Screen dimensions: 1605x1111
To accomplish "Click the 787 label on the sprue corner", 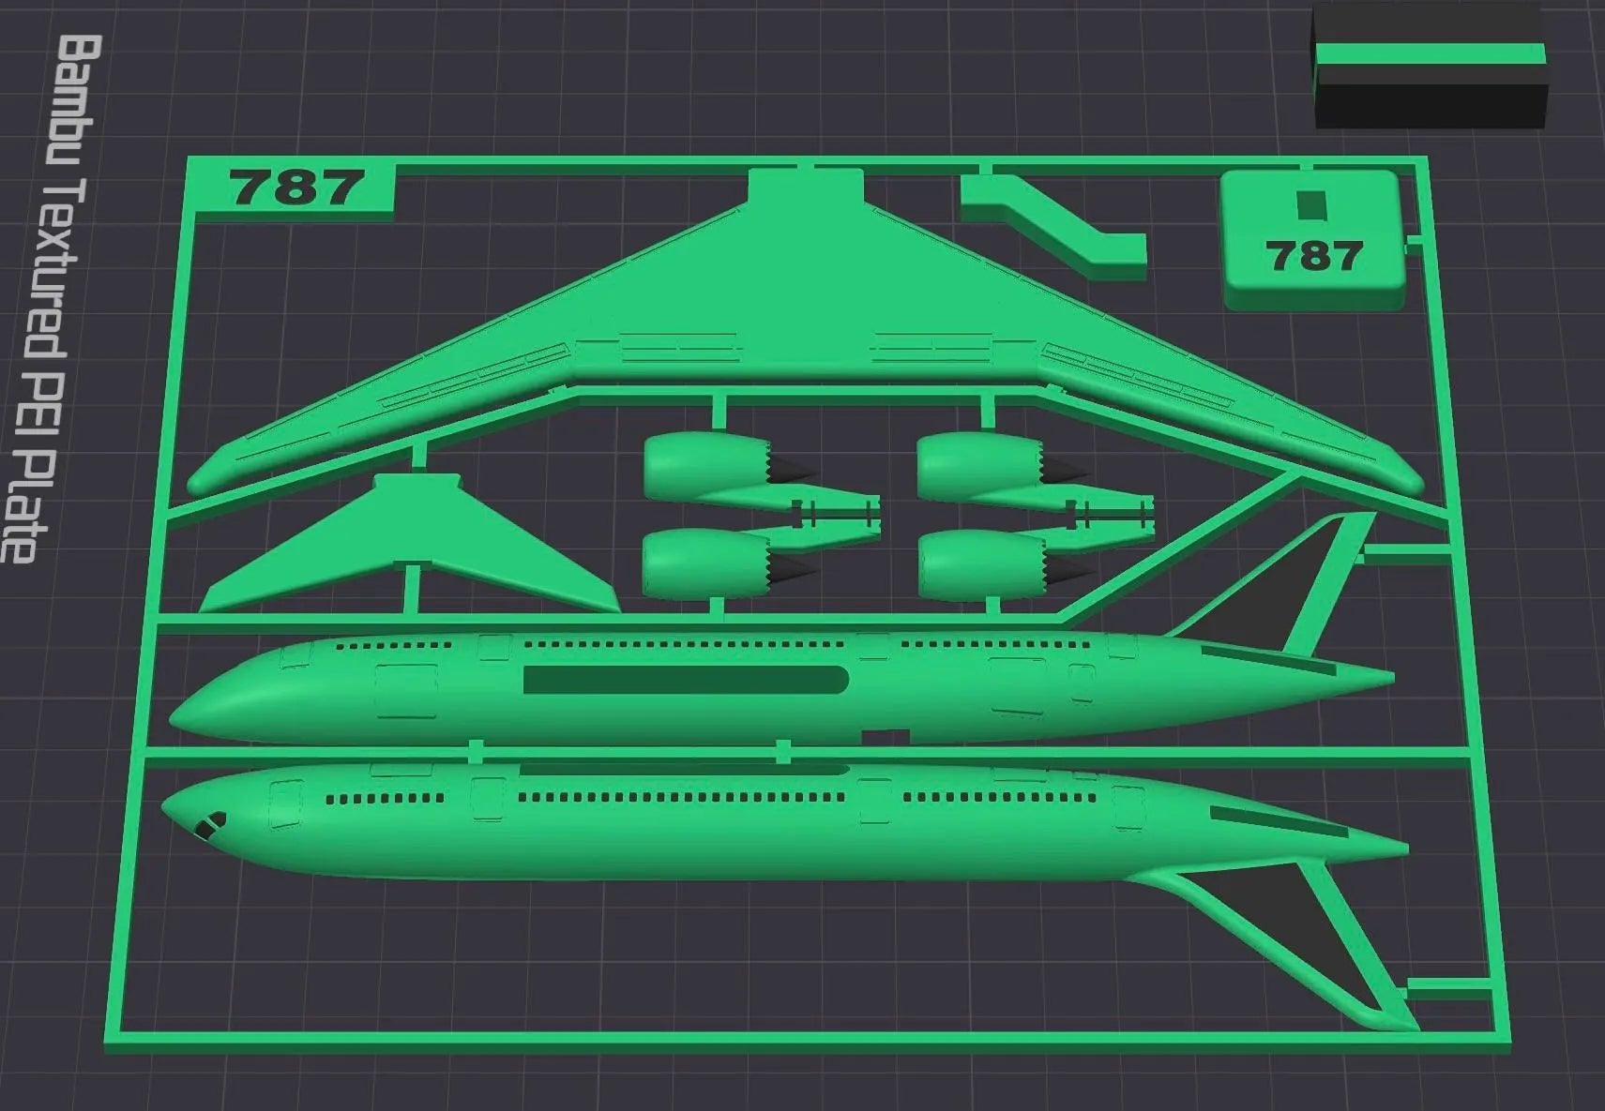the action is pyautogui.click(x=295, y=187).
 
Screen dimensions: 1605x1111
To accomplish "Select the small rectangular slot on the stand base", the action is pyautogui.click(x=1312, y=204).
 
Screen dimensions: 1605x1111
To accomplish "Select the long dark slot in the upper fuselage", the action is pyautogui.click(x=686, y=679).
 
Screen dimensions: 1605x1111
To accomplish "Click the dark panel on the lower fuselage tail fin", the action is pyautogui.click(x=1290, y=931).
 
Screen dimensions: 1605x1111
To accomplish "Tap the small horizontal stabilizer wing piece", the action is pyautogui.click(x=412, y=548).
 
